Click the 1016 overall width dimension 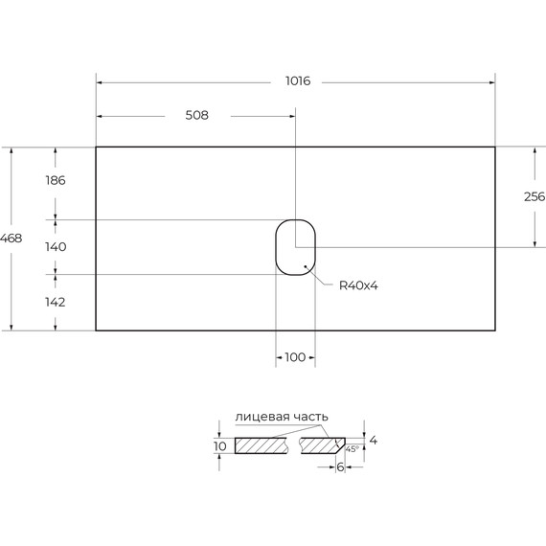point(298,81)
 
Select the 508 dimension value point(196,115)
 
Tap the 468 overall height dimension point(11,238)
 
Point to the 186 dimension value point(55,180)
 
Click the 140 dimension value point(55,247)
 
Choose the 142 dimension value point(55,302)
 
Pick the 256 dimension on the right point(534,196)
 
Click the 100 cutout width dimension point(295,357)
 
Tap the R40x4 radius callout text point(359,285)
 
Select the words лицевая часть point(282,417)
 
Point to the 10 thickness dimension point(220,446)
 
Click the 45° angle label point(352,448)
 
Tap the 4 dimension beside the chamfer point(374,441)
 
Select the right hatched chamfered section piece point(320,446)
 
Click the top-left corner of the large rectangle point(96,147)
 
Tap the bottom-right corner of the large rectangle point(495,330)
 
